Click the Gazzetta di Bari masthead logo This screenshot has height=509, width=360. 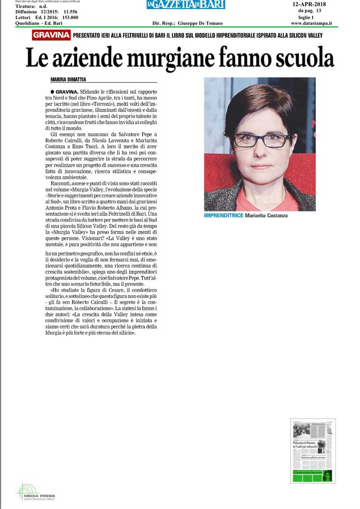[186, 5]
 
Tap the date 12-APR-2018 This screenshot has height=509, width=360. [309, 4]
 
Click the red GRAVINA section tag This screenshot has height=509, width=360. [51, 36]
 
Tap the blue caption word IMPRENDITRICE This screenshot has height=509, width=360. [223, 216]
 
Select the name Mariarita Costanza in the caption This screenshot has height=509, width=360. [266, 216]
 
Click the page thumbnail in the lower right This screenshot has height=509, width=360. [313, 451]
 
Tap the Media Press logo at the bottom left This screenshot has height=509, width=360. [35, 492]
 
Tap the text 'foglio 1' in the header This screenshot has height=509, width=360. [306, 17]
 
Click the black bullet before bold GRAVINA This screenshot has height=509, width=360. [52, 91]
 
